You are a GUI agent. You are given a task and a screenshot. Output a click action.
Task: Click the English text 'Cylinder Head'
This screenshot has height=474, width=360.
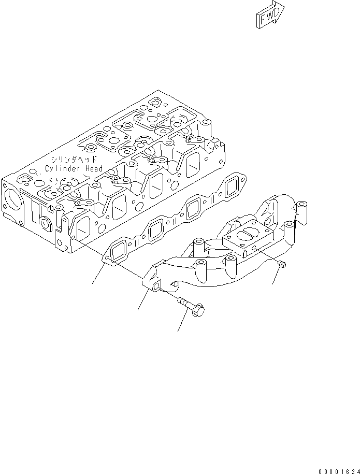point(74,168)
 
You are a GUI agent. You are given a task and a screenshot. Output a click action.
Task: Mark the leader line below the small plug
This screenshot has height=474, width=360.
point(278,277)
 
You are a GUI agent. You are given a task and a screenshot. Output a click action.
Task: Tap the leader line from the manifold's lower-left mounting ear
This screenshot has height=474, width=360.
point(143,300)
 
